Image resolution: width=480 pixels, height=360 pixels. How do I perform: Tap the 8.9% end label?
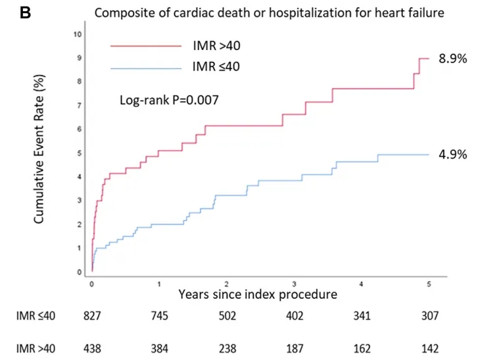pyautogui.click(x=453, y=59)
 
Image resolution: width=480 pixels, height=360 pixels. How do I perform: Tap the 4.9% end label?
pyautogui.click(x=453, y=155)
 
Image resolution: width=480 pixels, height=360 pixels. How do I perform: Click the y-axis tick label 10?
pyautogui.click(x=78, y=34)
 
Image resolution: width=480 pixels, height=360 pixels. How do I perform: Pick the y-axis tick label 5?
pyautogui.click(x=80, y=153)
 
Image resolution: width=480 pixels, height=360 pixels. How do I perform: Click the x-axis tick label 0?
pyautogui.click(x=91, y=283)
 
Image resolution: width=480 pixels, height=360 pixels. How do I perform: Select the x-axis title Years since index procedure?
pyautogui.click(x=257, y=294)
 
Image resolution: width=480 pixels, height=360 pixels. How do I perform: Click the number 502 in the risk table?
pyautogui.click(x=227, y=317)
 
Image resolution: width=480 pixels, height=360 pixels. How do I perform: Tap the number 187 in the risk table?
pyautogui.click(x=294, y=348)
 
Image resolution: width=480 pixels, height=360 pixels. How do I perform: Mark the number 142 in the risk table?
pyautogui.click(x=429, y=348)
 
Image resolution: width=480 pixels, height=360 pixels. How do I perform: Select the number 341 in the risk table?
pyautogui.click(x=362, y=317)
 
